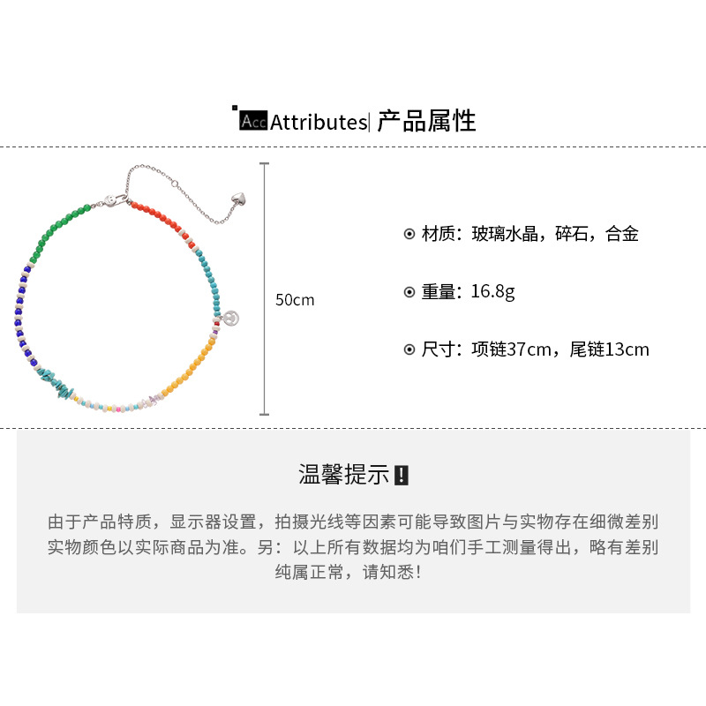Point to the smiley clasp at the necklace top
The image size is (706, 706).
coord(113,199)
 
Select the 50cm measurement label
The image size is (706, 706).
coord(295,300)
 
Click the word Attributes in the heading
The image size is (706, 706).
coord(317,122)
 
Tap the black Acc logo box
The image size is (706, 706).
coord(253,122)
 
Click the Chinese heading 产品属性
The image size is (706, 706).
coord(427,120)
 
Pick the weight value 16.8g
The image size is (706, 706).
coord(491,292)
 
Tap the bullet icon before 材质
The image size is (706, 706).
coord(409,235)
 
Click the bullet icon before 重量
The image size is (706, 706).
coord(409,292)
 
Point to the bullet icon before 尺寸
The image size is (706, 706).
coord(409,349)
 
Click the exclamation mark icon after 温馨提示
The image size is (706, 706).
coord(402,476)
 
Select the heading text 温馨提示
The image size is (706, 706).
coord(343,475)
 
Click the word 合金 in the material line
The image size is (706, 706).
coord(621,235)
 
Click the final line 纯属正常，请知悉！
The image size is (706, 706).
coord(352,572)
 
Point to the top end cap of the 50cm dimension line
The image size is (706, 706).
coord(264,164)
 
